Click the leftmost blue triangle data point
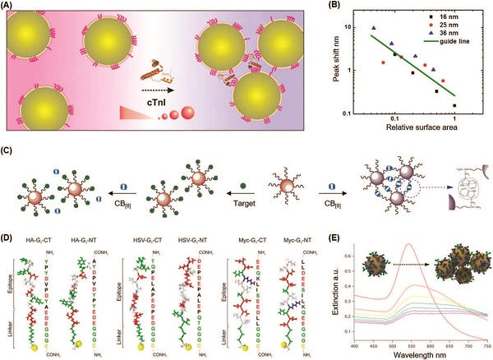tap(373, 29)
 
